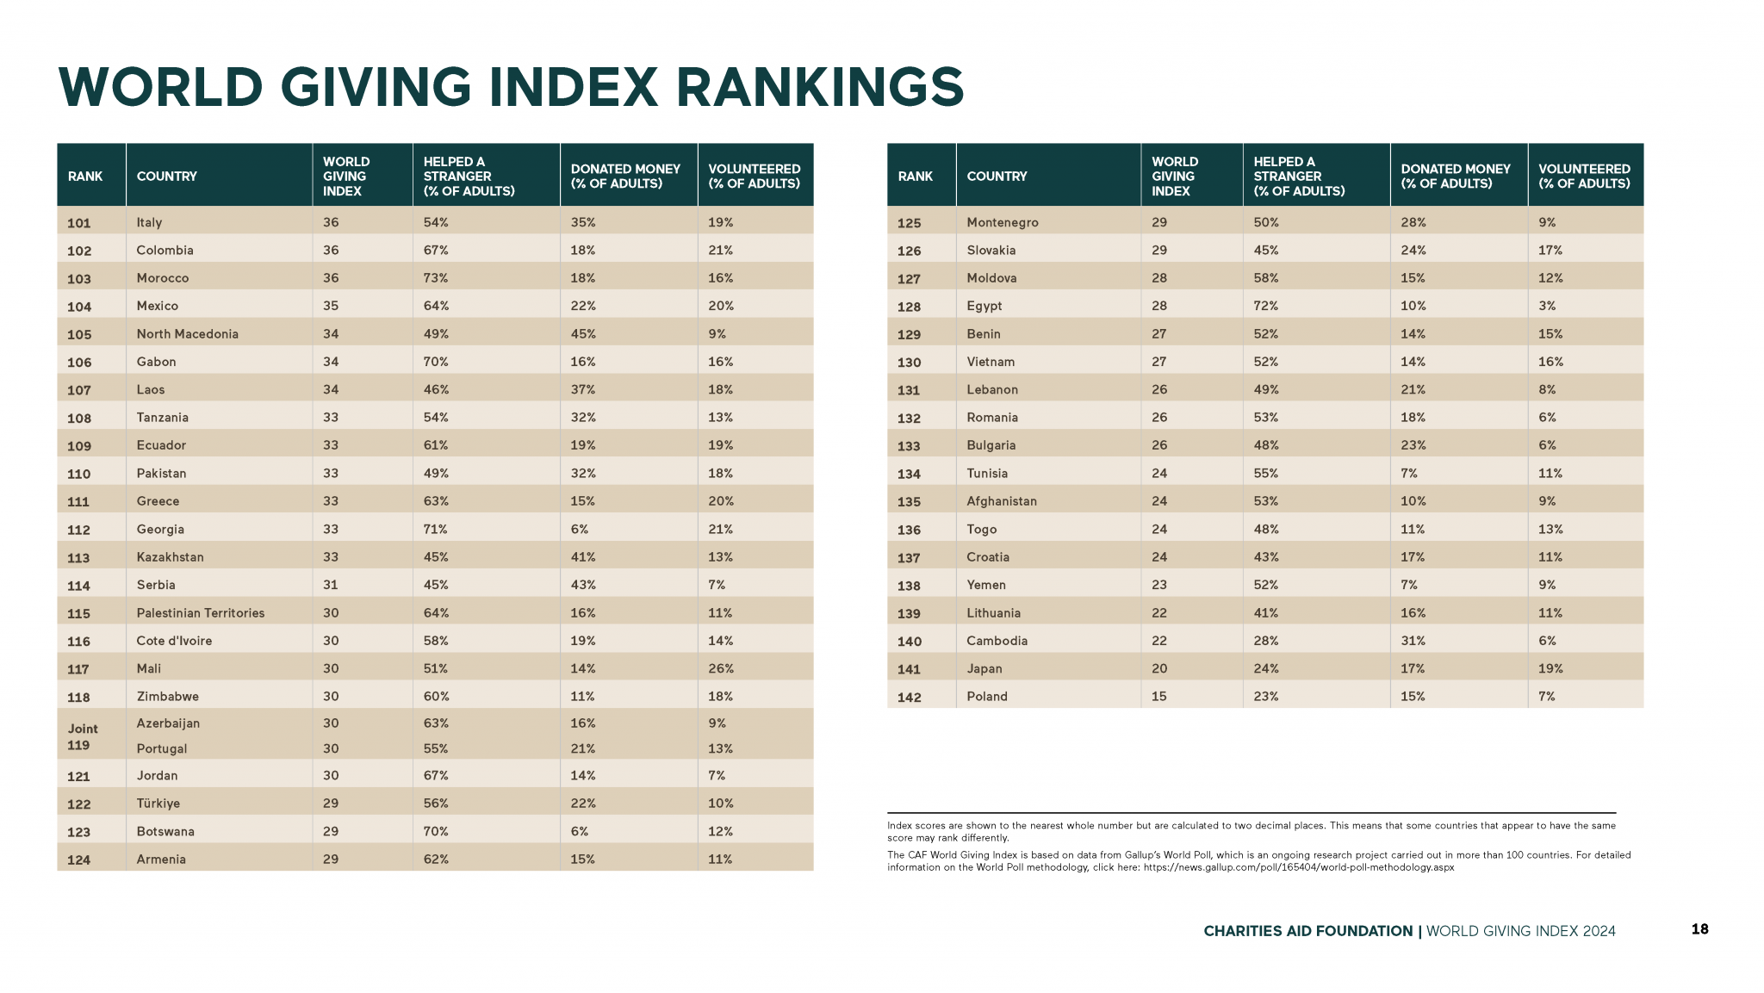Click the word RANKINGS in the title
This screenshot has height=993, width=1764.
click(x=819, y=87)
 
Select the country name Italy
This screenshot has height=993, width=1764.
click(x=149, y=222)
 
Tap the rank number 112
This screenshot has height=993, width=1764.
click(x=79, y=530)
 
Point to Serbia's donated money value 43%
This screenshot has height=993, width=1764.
click(x=583, y=585)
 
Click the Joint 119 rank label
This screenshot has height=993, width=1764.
click(x=84, y=736)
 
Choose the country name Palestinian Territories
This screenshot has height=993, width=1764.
click(x=201, y=613)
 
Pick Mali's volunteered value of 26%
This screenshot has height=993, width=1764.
click(x=721, y=668)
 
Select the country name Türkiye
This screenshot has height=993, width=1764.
click(x=158, y=804)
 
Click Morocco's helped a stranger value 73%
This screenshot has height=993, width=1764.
click(x=436, y=278)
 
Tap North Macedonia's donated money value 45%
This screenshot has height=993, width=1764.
click(x=583, y=334)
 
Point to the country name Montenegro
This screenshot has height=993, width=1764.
click(x=1003, y=222)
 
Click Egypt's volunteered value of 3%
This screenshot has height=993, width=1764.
click(x=1547, y=306)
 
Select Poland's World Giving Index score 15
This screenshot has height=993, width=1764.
click(x=1159, y=696)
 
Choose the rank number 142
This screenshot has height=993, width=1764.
click(x=910, y=698)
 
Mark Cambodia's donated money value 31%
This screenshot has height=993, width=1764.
click(x=1413, y=641)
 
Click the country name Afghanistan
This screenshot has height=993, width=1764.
click(x=1002, y=501)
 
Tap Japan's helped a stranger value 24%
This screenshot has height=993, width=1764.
click(x=1266, y=668)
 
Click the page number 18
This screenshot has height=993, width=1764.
click(x=1699, y=929)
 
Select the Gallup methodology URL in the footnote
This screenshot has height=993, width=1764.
click(x=1299, y=867)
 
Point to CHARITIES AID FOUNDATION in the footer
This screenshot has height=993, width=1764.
click(x=1307, y=931)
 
